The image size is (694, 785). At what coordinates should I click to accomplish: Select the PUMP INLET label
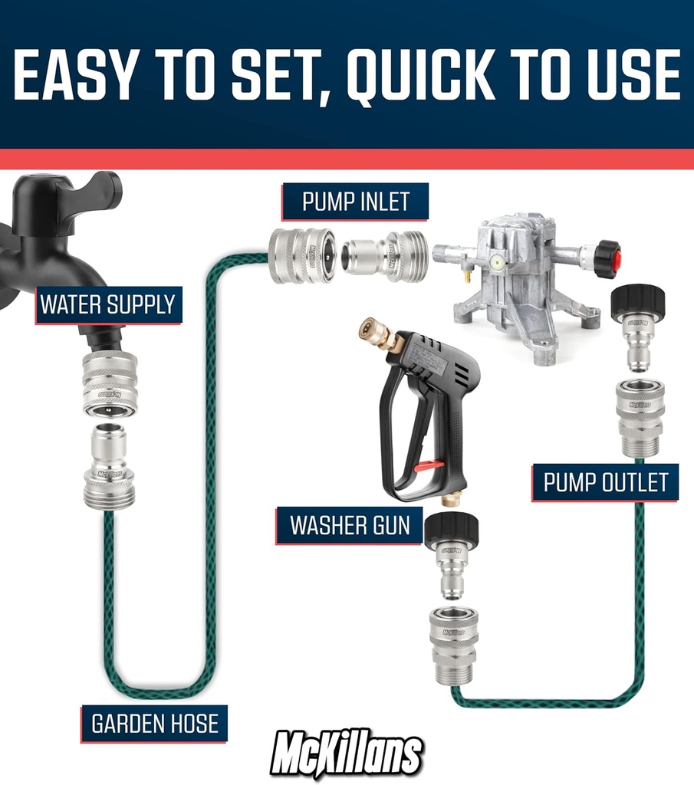[x=356, y=202]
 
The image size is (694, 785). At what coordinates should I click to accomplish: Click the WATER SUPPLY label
[x=107, y=304]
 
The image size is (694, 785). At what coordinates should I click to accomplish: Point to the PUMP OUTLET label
[x=606, y=482]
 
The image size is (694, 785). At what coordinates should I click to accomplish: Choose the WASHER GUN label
[x=350, y=525]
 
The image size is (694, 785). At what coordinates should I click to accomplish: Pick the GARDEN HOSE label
[x=155, y=723]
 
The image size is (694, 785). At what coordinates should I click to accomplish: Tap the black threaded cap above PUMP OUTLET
[x=639, y=303]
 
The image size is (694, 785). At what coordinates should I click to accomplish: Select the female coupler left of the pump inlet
[x=301, y=255]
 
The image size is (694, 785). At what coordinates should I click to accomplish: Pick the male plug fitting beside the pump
[x=383, y=255]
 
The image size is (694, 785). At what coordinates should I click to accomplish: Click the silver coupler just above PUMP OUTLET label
[x=640, y=417]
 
